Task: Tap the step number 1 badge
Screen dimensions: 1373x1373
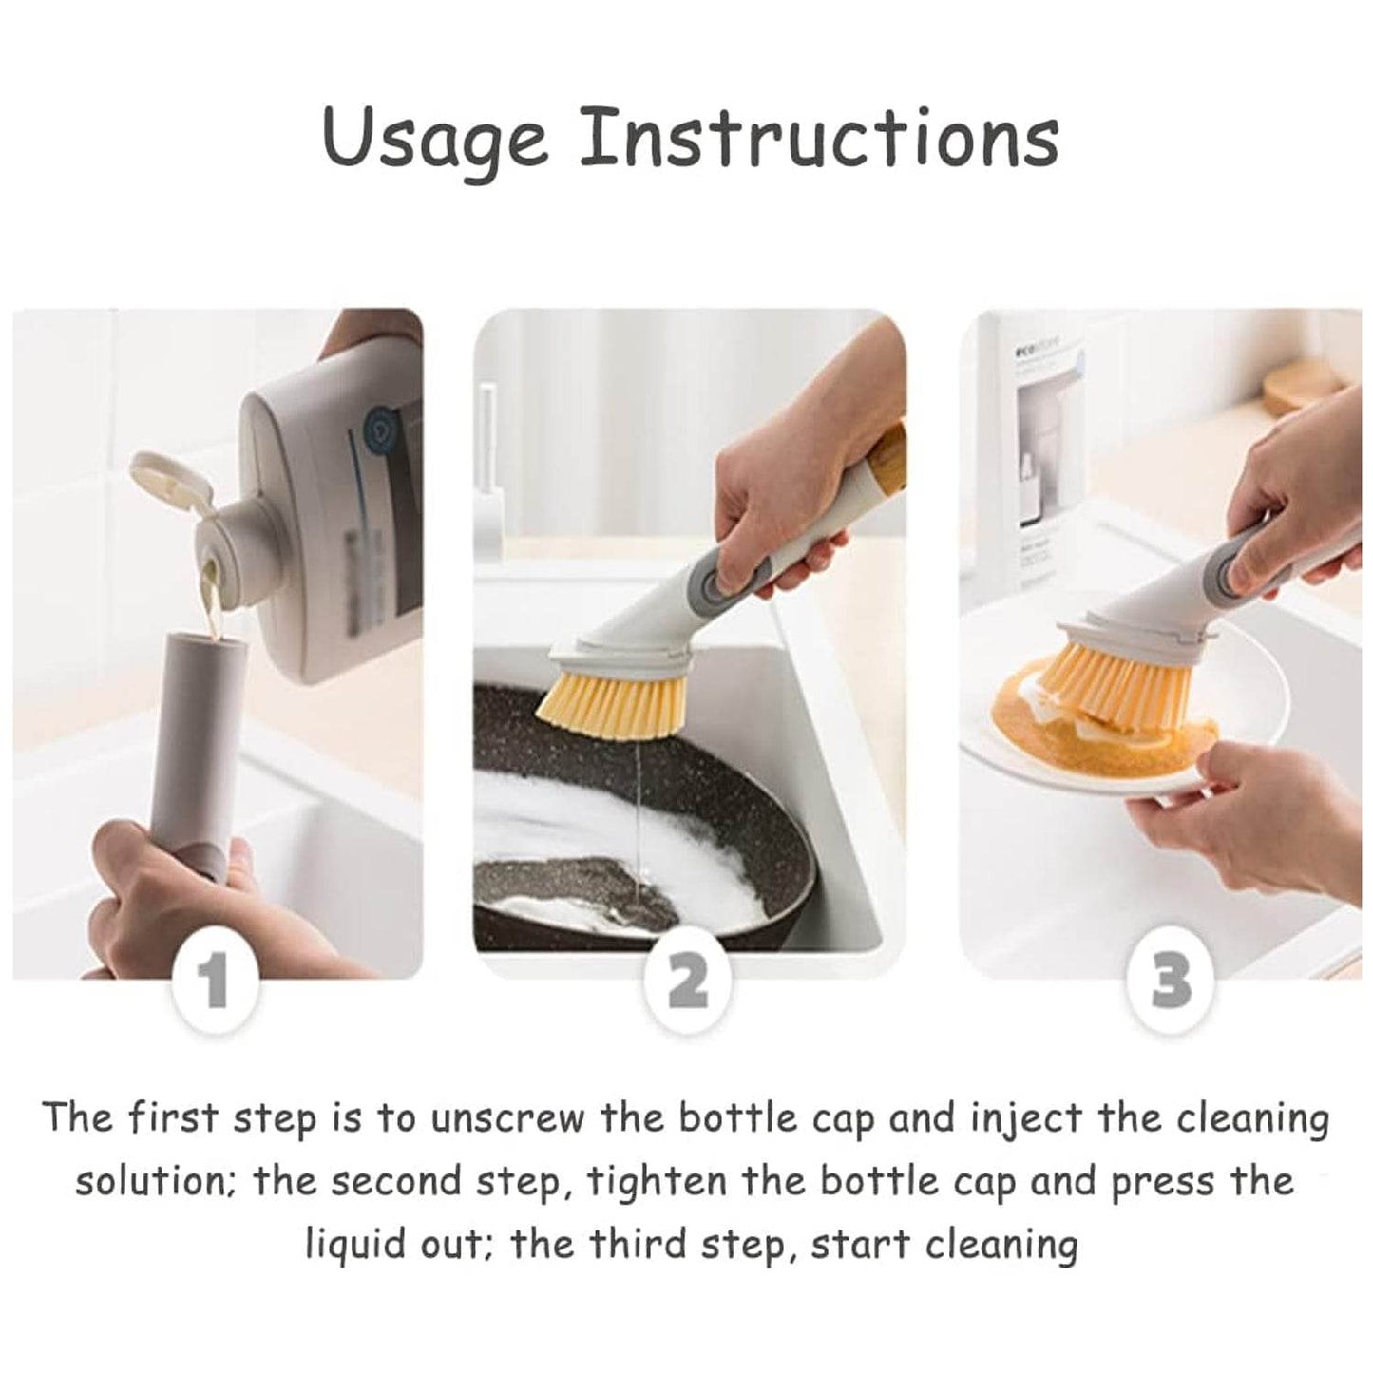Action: [216, 982]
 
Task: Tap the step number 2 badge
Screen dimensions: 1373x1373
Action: [687, 982]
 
